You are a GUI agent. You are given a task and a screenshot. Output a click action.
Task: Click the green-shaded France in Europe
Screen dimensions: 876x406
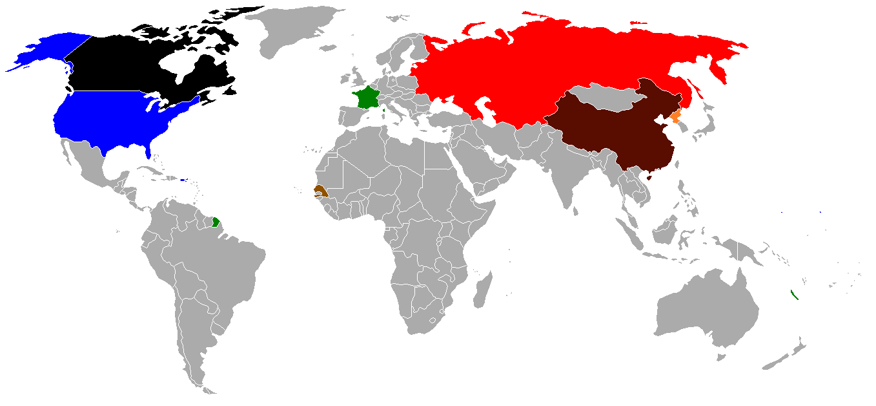point(367,98)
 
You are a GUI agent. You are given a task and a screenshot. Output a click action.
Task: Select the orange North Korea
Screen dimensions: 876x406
point(675,117)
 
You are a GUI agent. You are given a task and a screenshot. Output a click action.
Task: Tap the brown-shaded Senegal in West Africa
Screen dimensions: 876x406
point(318,191)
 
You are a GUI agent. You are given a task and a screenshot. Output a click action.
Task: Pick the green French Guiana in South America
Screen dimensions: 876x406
point(216,222)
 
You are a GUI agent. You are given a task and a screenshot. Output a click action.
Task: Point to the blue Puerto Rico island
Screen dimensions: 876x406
point(183,180)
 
